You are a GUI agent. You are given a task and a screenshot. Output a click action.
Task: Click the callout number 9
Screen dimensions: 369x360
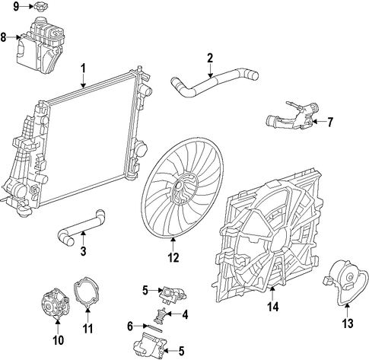(x=16, y=7)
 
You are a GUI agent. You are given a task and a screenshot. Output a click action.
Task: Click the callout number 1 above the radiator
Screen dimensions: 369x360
(x=84, y=68)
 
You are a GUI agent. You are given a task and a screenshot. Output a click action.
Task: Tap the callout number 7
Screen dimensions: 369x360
(x=329, y=123)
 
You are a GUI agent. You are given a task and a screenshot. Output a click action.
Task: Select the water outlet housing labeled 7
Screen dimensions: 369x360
(x=291, y=116)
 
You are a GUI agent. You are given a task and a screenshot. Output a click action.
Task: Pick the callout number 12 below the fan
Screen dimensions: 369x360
(x=173, y=258)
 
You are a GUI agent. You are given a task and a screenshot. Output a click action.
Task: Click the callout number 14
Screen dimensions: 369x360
(x=273, y=307)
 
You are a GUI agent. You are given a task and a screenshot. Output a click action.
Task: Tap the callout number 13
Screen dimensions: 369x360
(x=348, y=323)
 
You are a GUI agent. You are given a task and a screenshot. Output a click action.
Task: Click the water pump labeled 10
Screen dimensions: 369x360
(x=56, y=304)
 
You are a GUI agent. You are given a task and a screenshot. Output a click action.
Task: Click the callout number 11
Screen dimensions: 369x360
(x=87, y=329)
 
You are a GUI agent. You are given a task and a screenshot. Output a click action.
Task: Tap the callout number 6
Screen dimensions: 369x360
(x=130, y=327)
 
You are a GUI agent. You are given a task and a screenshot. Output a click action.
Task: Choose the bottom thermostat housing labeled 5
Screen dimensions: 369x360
(x=150, y=346)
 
